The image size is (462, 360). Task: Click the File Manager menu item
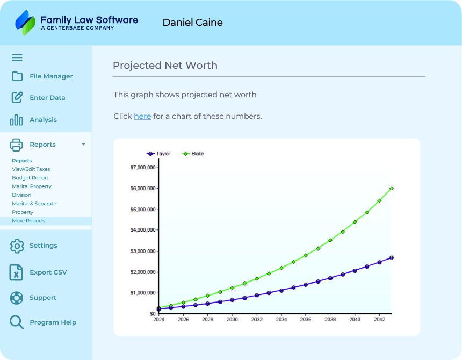50,76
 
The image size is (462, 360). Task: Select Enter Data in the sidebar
47,98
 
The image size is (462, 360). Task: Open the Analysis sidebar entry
43,120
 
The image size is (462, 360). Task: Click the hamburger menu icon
17,57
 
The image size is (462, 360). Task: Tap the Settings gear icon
17,246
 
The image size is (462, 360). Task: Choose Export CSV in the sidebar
48,272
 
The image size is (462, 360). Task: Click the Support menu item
42,298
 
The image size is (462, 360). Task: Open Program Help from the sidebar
53,322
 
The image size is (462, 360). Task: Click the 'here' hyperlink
142,116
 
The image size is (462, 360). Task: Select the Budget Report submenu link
30,178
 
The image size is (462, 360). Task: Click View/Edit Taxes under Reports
31,169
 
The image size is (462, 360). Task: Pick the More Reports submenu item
28,221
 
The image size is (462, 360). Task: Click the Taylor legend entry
159,154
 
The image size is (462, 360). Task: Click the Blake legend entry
194,154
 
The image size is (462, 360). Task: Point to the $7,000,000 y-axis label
143,168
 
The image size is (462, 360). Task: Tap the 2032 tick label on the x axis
256,319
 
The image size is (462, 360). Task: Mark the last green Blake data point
392,189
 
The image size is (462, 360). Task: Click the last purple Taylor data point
392,258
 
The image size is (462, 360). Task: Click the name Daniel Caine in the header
192,23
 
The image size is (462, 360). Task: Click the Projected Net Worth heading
165,66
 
